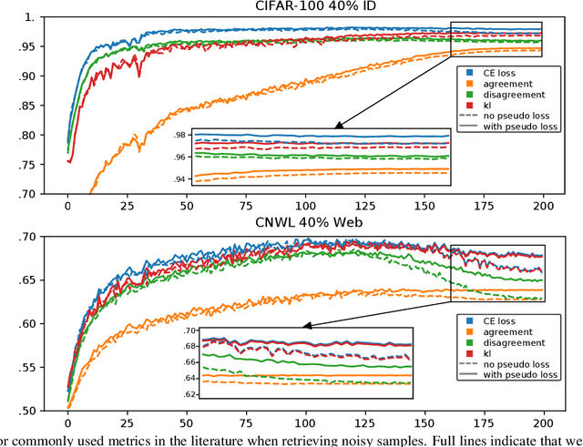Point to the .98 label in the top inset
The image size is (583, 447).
coord(179,136)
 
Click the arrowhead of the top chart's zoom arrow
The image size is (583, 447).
coord(336,127)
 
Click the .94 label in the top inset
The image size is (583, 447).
coord(179,179)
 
